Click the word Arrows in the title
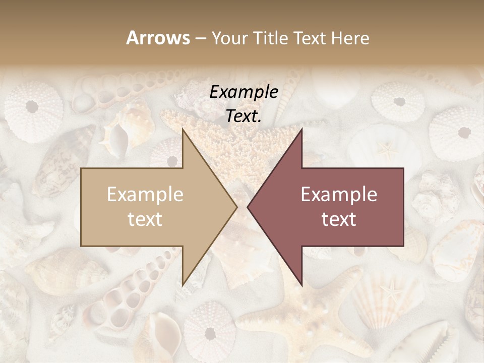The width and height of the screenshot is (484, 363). click(x=158, y=38)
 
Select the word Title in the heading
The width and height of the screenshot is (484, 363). click(x=270, y=38)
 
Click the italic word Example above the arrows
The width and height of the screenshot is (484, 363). click(x=244, y=92)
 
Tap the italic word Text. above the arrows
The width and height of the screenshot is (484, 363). click(x=244, y=116)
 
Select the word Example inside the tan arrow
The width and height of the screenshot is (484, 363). click(x=145, y=195)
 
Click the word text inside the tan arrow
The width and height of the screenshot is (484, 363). click(x=145, y=219)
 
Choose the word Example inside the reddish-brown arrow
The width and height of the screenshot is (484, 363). click(x=339, y=195)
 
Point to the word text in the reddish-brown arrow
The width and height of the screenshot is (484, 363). click(x=339, y=219)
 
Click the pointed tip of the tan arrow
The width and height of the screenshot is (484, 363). click(x=236, y=207)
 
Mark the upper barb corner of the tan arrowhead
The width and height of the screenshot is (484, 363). click(x=183, y=129)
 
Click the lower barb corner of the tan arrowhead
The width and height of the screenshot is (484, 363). click(x=183, y=285)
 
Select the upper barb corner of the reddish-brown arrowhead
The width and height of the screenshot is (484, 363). click(x=301, y=129)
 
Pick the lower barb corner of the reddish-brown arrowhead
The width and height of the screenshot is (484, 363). click(x=301, y=285)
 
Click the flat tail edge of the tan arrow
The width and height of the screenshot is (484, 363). click(x=82, y=207)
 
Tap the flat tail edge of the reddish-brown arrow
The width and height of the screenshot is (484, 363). click(x=403, y=207)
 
